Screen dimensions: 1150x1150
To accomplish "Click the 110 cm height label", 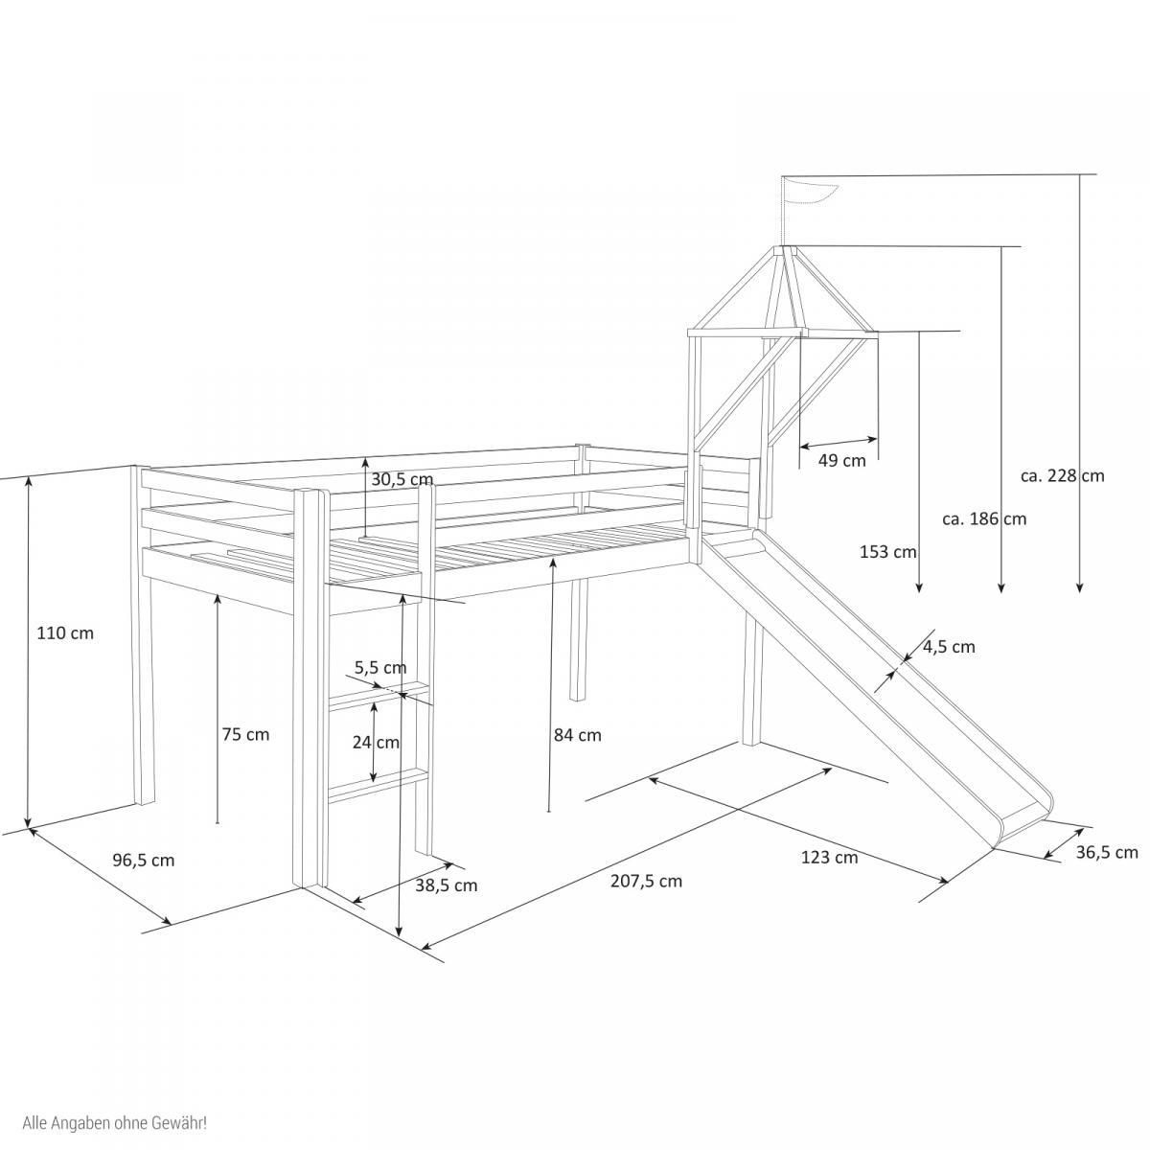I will tap(65, 633).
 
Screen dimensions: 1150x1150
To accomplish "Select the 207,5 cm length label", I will tap(646, 881).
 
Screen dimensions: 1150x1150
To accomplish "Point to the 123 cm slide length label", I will tap(829, 857).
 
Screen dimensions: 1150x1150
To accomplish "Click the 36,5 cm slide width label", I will tap(1107, 852).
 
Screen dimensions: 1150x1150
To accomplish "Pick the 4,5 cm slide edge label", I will tap(949, 647).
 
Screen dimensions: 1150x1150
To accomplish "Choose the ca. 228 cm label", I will tap(1062, 475).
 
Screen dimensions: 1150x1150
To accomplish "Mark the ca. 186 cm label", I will tap(983, 518).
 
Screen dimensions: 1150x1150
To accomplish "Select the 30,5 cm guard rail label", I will tap(402, 479).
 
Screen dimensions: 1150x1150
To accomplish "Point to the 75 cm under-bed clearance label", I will tap(245, 735).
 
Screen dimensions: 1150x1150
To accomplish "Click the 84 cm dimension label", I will tap(577, 735).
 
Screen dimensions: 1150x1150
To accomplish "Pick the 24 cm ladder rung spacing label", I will tap(375, 742).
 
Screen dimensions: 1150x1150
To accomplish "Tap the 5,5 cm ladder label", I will tap(380, 667).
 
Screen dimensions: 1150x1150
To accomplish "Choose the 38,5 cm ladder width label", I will tap(446, 885).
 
